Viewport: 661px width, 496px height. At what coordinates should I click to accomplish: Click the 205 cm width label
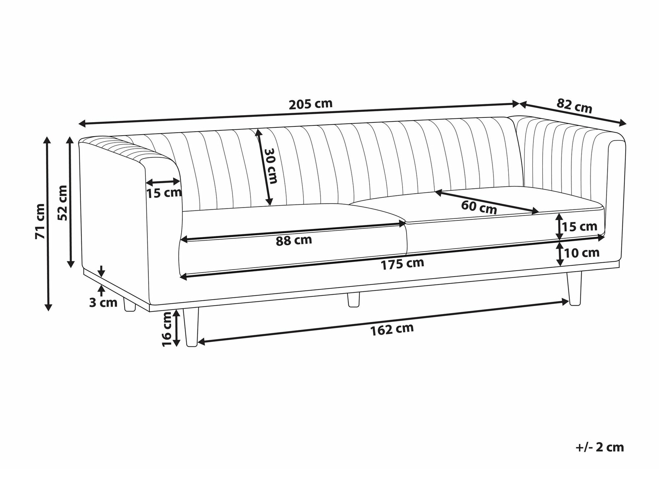pos(310,104)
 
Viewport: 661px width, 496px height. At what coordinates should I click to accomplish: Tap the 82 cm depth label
pos(574,106)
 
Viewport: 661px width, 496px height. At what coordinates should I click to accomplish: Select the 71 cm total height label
pos(40,221)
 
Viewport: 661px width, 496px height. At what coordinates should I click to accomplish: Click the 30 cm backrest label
pos(271,165)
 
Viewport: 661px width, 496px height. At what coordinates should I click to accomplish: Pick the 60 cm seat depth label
pos(479,207)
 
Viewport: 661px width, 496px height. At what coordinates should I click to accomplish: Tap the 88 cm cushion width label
pos(294,240)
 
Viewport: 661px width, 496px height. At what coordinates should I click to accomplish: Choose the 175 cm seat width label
pos(402,264)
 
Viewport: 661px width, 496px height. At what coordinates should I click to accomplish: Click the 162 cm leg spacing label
pos(392,329)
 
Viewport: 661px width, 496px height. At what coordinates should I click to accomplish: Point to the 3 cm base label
pos(103,302)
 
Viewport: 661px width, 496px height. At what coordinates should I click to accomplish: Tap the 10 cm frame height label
pos(582,253)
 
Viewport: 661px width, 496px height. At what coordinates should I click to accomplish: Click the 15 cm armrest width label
pos(164,193)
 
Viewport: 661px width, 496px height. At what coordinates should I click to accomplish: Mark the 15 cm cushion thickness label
pos(580,227)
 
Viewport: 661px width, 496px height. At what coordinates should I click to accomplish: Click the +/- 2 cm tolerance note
pos(600,447)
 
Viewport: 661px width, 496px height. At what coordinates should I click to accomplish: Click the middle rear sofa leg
pos(353,299)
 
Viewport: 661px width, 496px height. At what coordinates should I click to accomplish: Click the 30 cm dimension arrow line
pos(264,167)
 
